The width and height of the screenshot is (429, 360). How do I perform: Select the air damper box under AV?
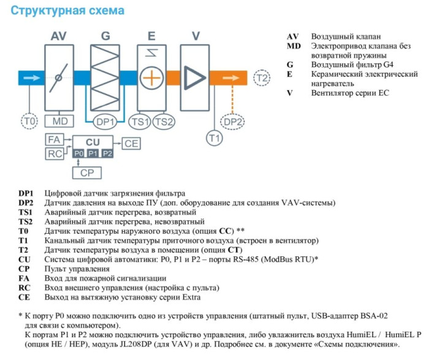tap(58, 78)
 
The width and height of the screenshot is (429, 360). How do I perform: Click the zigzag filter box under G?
tap(105, 78)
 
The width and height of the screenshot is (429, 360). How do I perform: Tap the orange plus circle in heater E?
tap(150, 79)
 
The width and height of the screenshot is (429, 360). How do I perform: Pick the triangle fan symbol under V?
tap(195, 78)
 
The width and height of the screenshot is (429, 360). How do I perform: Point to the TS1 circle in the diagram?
tap(140, 122)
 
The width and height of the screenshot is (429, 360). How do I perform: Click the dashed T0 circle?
tap(29, 121)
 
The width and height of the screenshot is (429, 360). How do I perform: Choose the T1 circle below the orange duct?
tap(213, 139)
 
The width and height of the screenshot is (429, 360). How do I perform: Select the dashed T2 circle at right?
tap(262, 78)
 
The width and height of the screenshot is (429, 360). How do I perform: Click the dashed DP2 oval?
tap(232, 122)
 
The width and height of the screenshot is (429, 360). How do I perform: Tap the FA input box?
tap(54, 140)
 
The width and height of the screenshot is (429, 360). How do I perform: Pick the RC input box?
tap(54, 154)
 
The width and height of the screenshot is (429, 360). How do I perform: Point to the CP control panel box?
tap(91, 173)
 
